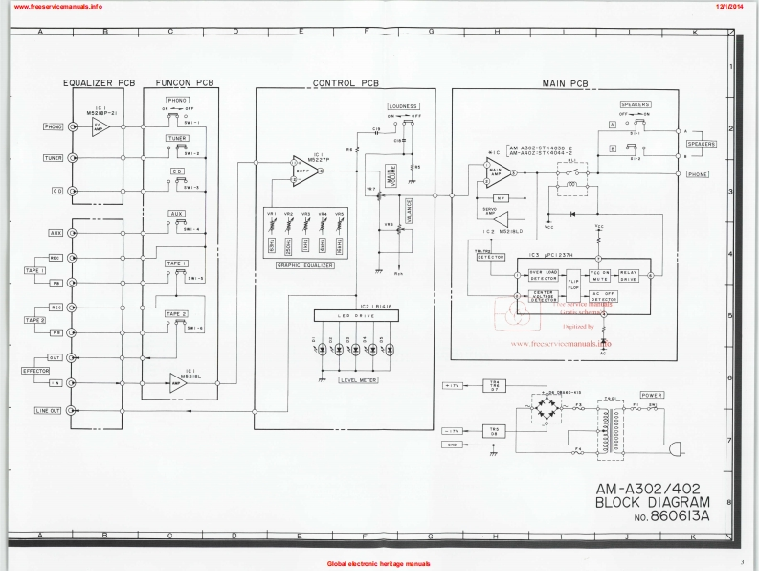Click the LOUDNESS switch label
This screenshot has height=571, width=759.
coord(404,105)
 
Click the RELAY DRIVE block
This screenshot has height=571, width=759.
coord(628,276)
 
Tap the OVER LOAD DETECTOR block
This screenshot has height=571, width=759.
coord(523,275)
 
